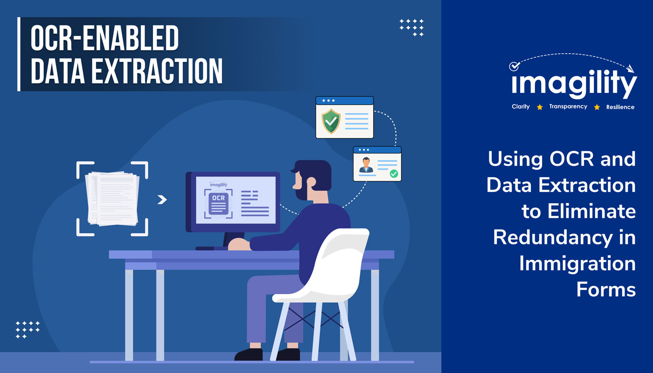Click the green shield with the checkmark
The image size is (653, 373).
pyautogui.click(x=331, y=121)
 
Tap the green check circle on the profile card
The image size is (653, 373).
pyautogui.click(x=394, y=173)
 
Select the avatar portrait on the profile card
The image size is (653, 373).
pyautogui.click(x=366, y=165)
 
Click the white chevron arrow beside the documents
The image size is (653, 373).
pyautogui.click(x=162, y=200)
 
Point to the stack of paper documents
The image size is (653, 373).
pyautogui.click(x=112, y=199)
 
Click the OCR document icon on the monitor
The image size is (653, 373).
pyautogui.click(x=219, y=204)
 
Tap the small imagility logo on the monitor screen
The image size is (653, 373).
pyautogui.click(x=218, y=185)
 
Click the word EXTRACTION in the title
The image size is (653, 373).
pyautogui.click(x=157, y=71)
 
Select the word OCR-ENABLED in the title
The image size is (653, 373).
pyautogui.click(x=104, y=38)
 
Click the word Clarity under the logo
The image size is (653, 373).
pyautogui.click(x=521, y=107)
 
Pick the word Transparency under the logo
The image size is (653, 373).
pyautogui.click(x=568, y=107)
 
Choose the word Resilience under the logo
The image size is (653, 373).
pyautogui.click(x=620, y=107)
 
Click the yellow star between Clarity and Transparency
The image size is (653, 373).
pyautogui.click(x=540, y=107)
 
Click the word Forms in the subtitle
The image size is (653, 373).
pyautogui.click(x=606, y=290)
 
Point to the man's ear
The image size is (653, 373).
pyautogui.click(x=312, y=182)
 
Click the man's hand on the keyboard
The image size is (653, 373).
pyautogui.click(x=239, y=244)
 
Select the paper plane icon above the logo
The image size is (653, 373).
pyautogui.click(x=630, y=69)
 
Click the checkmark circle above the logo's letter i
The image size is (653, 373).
pyautogui.click(x=514, y=66)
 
